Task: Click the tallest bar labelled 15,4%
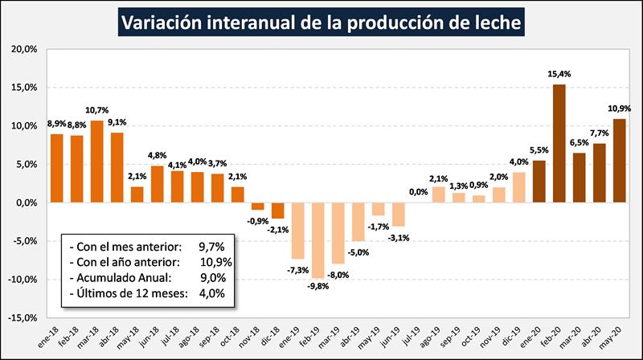tap(559, 143)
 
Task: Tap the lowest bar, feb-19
tap(318, 240)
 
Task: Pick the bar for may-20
tap(620, 161)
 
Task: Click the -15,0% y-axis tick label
tap(25, 318)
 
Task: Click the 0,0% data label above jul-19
tap(418, 192)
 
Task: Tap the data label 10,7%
tap(97, 110)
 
